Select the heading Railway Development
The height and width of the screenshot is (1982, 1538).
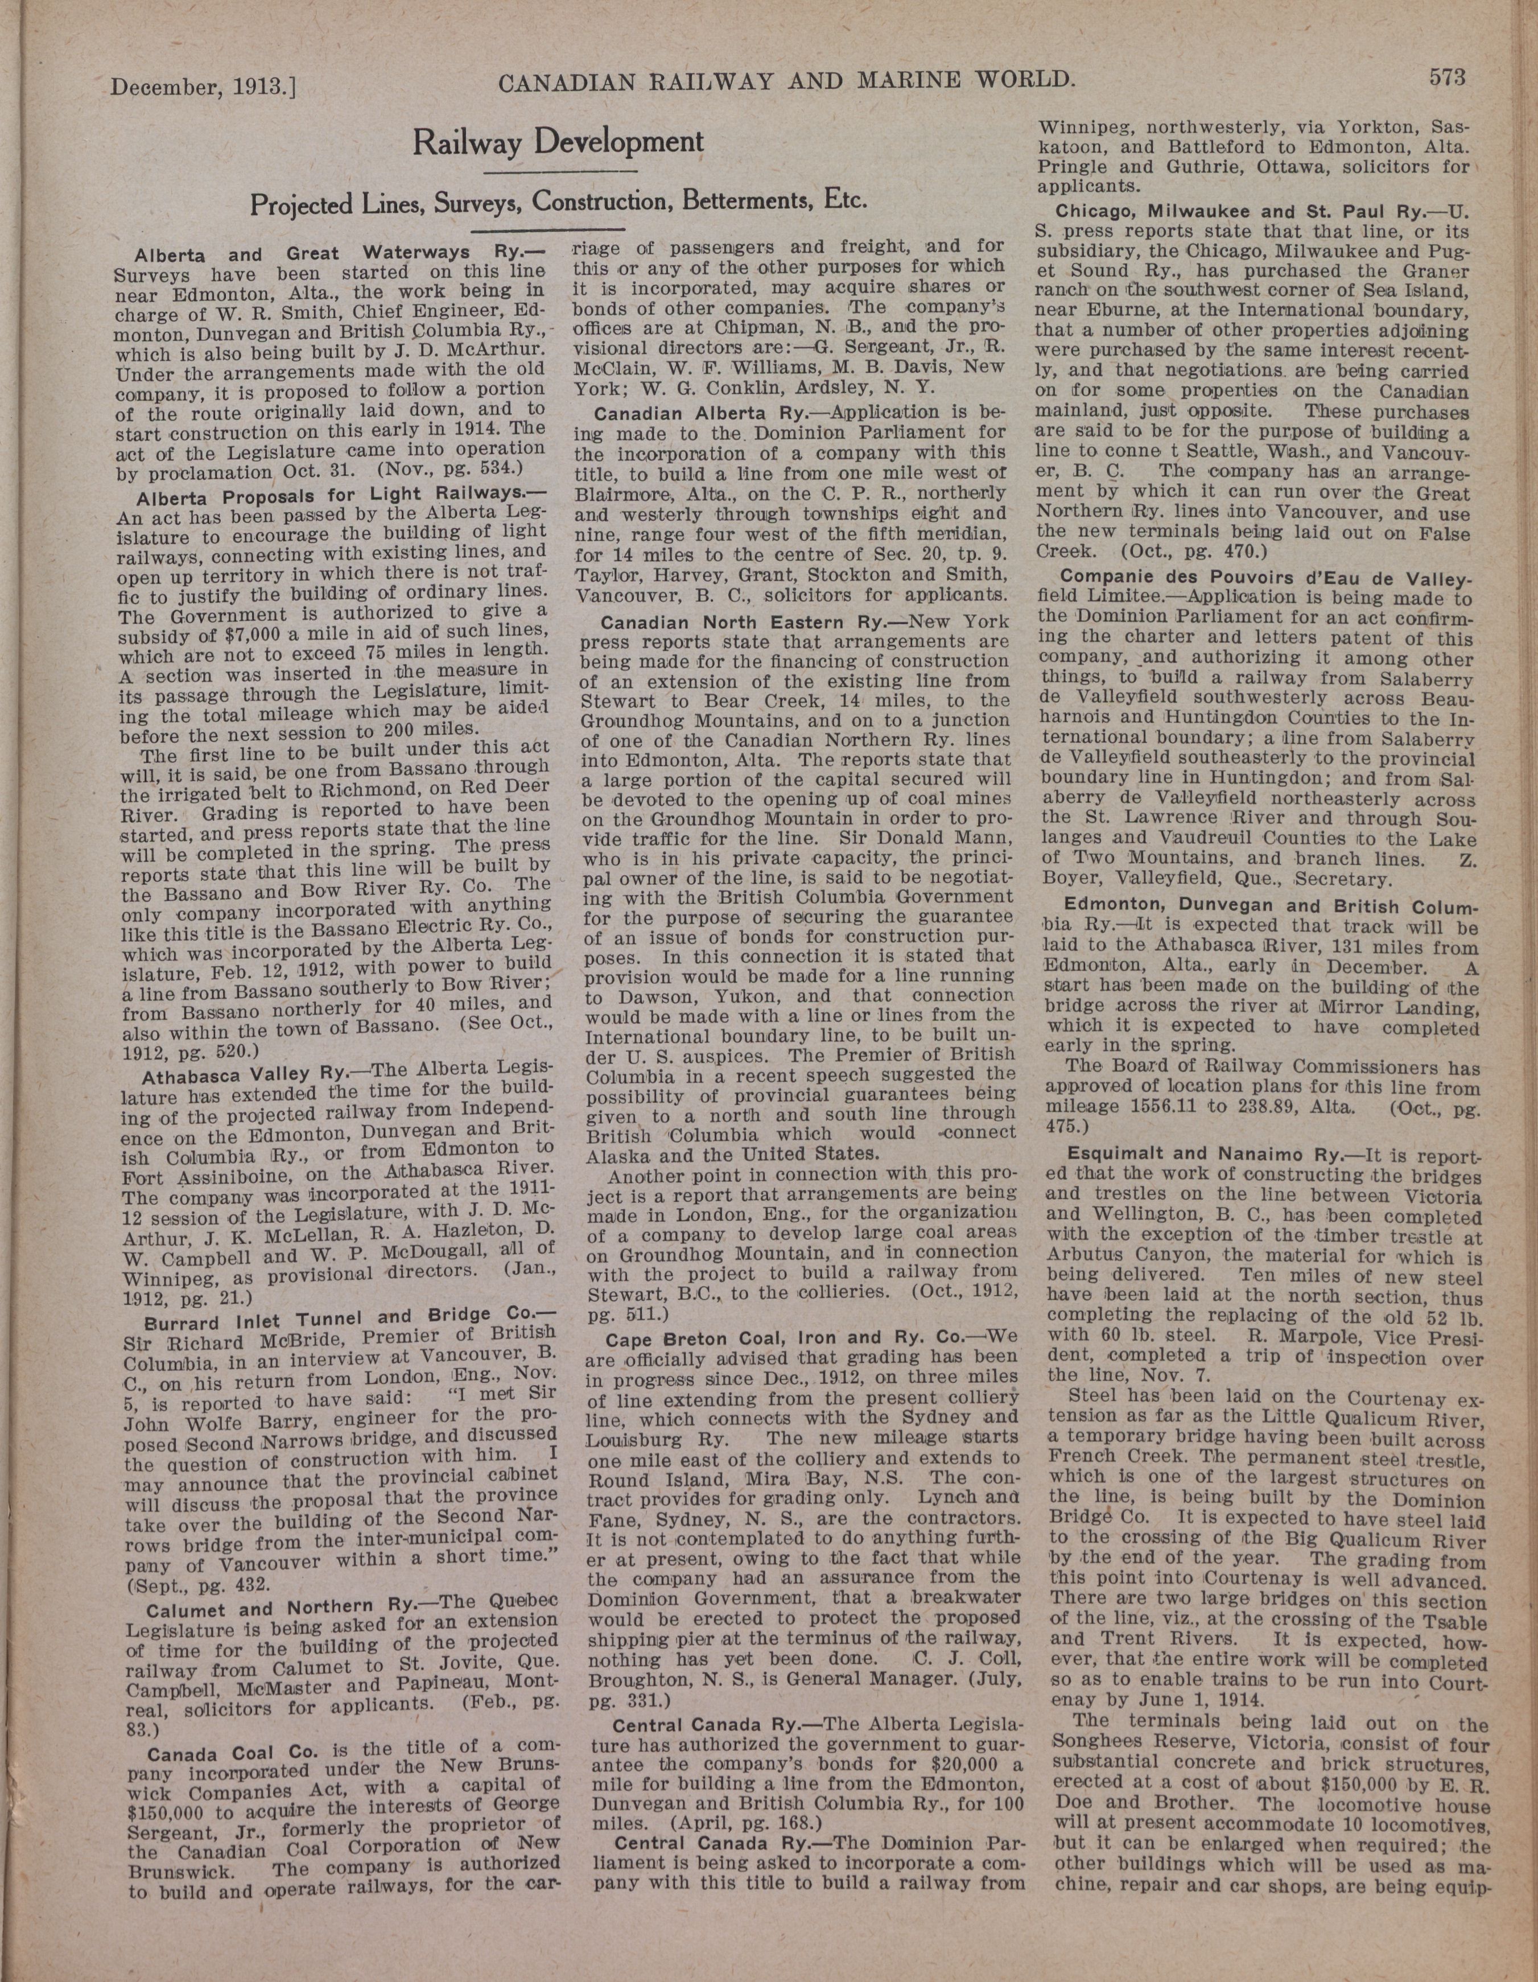click(558, 142)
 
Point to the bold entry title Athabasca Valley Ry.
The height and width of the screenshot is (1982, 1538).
click(241, 1074)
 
